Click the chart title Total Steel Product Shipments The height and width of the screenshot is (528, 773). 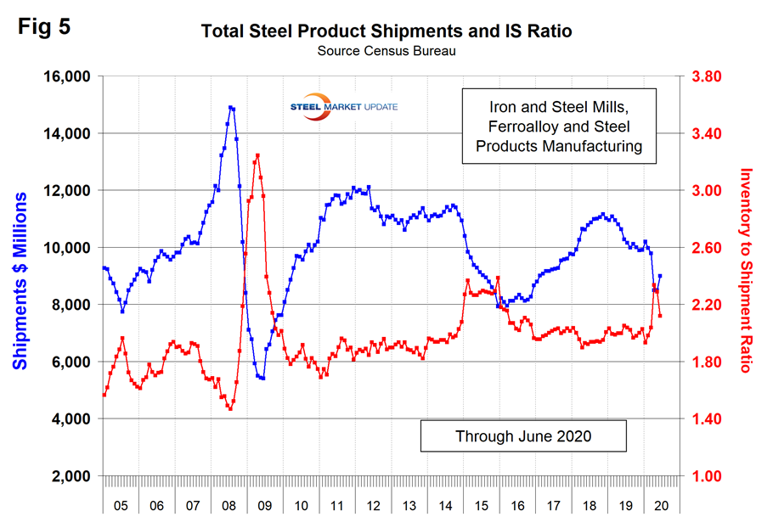(386, 32)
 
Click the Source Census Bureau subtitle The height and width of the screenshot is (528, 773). (386, 52)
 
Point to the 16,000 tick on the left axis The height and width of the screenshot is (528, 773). (66, 76)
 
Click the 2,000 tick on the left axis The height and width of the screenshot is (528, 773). (69, 476)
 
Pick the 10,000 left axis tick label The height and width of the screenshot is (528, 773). (66, 248)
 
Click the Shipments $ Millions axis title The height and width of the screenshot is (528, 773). (20, 280)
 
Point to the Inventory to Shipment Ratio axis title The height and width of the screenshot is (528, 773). (748, 270)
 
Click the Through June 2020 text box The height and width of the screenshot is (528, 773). (523, 436)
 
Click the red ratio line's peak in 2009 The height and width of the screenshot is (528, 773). (257, 155)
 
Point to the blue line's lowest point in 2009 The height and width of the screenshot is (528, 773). (263, 378)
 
